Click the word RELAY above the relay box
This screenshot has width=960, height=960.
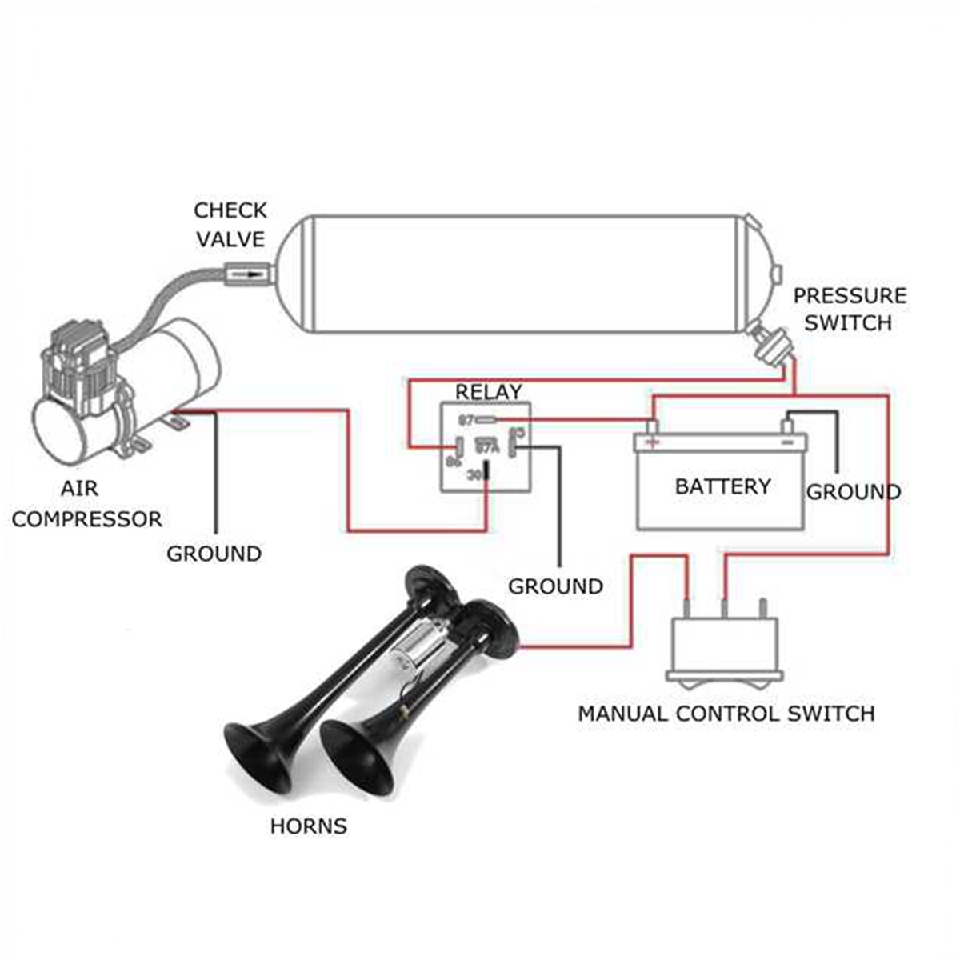[x=488, y=392]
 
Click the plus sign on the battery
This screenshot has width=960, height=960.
[x=653, y=442]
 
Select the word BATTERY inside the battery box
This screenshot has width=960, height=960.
[x=722, y=486]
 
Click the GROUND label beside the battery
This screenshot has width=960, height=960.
[x=853, y=491]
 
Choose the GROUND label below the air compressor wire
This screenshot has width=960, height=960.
[x=214, y=554]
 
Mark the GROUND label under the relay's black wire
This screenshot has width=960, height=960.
[x=555, y=586]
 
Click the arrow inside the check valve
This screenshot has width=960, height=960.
[x=249, y=275]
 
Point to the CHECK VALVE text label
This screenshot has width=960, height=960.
[x=230, y=225]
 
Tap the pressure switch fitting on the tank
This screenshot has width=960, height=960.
[x=772, y=345]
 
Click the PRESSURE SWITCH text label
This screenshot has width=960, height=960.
[x=849, y=309]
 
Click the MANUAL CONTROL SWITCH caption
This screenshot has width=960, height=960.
[x=726, y=713]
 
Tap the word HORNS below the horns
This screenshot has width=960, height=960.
[x=308, y=826]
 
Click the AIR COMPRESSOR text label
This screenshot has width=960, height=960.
[x=86, y=503]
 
